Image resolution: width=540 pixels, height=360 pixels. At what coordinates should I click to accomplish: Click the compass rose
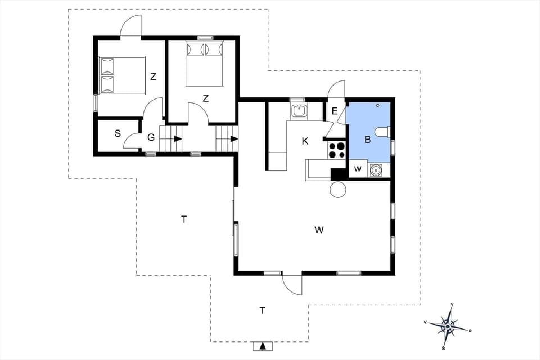448,326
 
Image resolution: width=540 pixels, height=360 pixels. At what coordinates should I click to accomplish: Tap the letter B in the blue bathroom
368,140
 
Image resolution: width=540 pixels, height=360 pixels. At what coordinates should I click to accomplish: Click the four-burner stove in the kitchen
337,150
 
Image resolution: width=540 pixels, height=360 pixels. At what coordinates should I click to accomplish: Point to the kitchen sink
298,111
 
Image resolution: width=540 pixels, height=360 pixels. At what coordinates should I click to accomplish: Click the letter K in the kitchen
305,141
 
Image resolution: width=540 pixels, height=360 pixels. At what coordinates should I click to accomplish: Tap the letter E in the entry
335,111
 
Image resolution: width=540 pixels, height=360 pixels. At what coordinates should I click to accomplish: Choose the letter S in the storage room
118,134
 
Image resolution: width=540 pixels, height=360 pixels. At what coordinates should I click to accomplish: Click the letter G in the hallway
151,137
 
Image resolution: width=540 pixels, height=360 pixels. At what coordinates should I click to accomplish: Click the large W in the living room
319,229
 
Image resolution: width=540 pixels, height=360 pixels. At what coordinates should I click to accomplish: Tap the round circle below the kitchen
337,190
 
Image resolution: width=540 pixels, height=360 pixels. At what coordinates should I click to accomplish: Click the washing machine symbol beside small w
376,169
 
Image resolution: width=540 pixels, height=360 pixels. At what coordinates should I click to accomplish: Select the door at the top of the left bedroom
130,26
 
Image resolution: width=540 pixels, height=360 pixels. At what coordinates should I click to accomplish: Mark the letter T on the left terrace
184,219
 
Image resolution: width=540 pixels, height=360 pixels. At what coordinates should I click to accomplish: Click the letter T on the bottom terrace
263,310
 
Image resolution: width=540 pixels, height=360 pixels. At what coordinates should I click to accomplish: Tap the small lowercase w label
357,169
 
